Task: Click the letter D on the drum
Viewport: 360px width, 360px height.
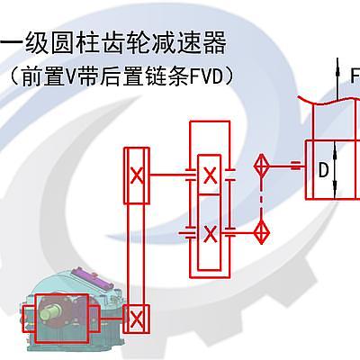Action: pos(323,170)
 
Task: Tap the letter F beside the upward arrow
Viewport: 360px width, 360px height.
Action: pos(355,75)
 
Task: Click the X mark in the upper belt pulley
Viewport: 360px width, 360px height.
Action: pos(137,175)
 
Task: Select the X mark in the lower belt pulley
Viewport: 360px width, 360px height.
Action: pos(137,319)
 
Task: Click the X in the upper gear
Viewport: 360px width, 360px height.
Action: pos(210,175)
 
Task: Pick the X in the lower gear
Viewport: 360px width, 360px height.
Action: pos(210,234)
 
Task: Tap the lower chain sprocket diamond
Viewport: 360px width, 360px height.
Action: pos(262,232)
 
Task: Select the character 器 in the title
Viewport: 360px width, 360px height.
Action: pos(213,43)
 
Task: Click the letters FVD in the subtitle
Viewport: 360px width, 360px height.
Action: pos(207,76)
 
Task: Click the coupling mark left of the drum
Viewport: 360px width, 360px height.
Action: pos(295,166)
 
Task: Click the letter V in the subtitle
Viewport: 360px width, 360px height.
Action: pos(71,77)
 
